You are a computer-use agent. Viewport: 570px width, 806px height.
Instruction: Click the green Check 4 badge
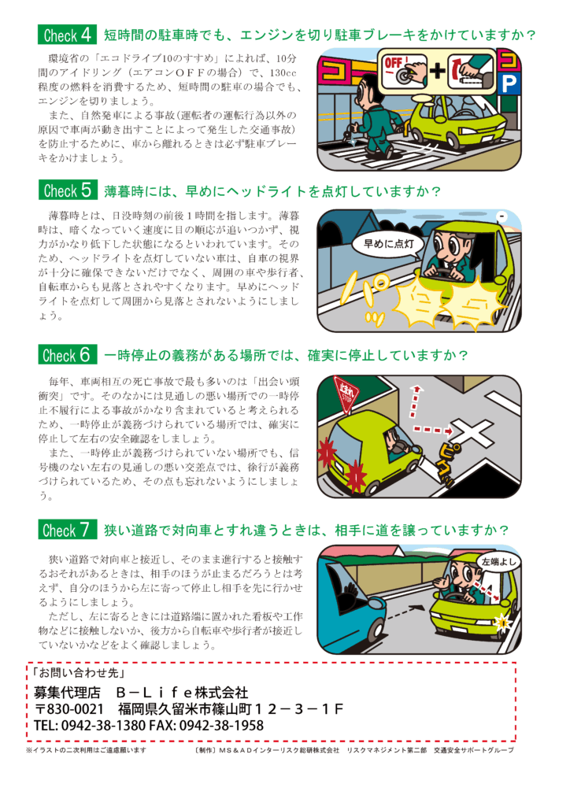point(67,35)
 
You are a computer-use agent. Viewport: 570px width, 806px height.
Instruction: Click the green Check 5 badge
point(67,190)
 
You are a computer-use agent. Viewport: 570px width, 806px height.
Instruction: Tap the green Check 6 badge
point(67,355)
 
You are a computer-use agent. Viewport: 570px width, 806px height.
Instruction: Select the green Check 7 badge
point(67,530)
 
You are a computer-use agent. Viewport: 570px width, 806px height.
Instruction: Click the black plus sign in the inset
point(438,70)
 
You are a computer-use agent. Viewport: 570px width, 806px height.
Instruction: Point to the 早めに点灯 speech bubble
point(388,244)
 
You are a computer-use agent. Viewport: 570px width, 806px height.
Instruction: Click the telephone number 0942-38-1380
point(103,725)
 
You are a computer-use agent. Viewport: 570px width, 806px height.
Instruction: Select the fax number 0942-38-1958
point(221,725)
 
